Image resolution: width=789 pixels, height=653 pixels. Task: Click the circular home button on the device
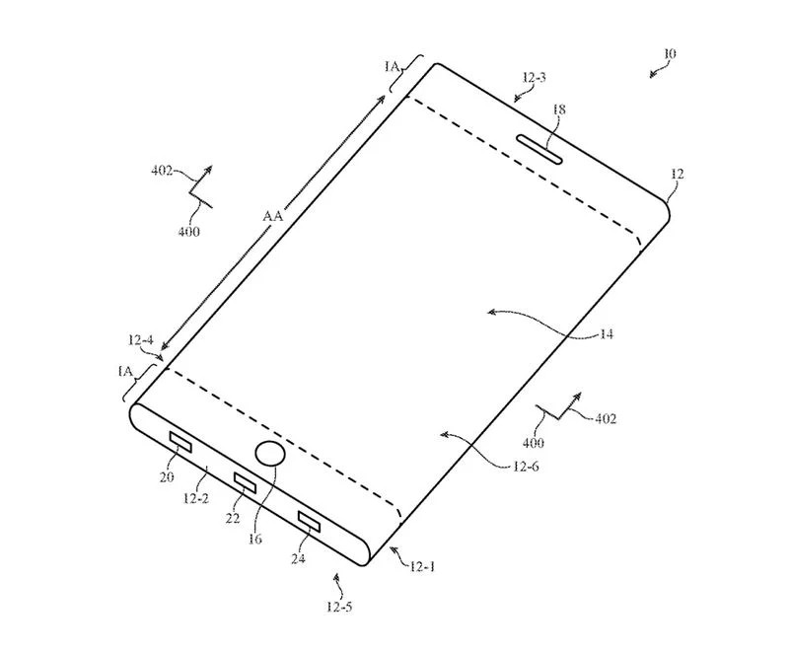(x=270, y=454)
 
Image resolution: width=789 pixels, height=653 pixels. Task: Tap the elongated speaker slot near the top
(x=538, y=149)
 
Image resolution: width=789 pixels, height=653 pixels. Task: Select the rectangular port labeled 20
(x=180, y=442)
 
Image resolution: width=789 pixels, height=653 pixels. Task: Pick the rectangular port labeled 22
(x=245, y=483)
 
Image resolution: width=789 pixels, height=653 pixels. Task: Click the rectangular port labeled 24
(x=309, y=521)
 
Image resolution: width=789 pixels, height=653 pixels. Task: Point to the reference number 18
(x=559, y=109)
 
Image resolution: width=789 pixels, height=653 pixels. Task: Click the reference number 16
(x=255, y=539)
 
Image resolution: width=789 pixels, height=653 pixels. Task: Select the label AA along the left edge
(x=273, y=216)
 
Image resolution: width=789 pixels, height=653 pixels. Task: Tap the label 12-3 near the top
(x=534, y=78)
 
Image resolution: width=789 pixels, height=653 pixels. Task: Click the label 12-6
(x=526, y=467)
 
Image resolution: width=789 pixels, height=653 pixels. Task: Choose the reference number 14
(x=607, y=333)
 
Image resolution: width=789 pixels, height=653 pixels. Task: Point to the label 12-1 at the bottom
(x=422, y=567)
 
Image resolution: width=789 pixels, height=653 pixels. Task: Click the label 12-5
(x=339, y=607)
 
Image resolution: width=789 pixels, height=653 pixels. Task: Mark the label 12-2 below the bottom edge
(x=196, y=498)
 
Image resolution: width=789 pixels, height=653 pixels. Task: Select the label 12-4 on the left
(x=140, y=340)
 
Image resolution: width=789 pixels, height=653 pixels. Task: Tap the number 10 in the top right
(x=670, y=53)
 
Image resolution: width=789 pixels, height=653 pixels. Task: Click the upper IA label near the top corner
(x=392, y=66)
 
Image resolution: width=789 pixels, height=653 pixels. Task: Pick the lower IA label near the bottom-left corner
(x=125, y=371)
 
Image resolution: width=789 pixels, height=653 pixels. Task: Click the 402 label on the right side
(x=606, y=418)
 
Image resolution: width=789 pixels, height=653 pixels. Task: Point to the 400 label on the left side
(x=189, y=232)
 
